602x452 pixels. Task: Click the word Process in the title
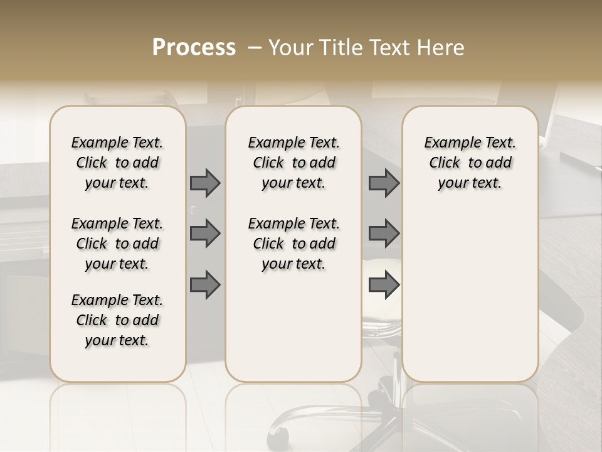coord(194,48)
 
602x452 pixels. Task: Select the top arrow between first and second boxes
coord(205,183)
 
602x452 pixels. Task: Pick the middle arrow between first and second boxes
coord(205,234)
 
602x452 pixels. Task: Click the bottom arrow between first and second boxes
coord(205,285)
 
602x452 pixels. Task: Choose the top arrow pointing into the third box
coord(384,183)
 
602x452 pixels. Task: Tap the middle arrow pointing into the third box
coord(384,234)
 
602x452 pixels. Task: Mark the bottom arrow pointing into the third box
coord(384,285)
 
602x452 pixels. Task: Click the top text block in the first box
coord(117,163)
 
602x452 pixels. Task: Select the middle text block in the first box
coord(117,244)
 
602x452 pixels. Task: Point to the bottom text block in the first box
coord(117,320)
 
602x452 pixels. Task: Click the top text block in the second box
coord(293,163)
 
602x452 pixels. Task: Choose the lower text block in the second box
coord(293,244)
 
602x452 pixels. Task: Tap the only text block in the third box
coord(470,163)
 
